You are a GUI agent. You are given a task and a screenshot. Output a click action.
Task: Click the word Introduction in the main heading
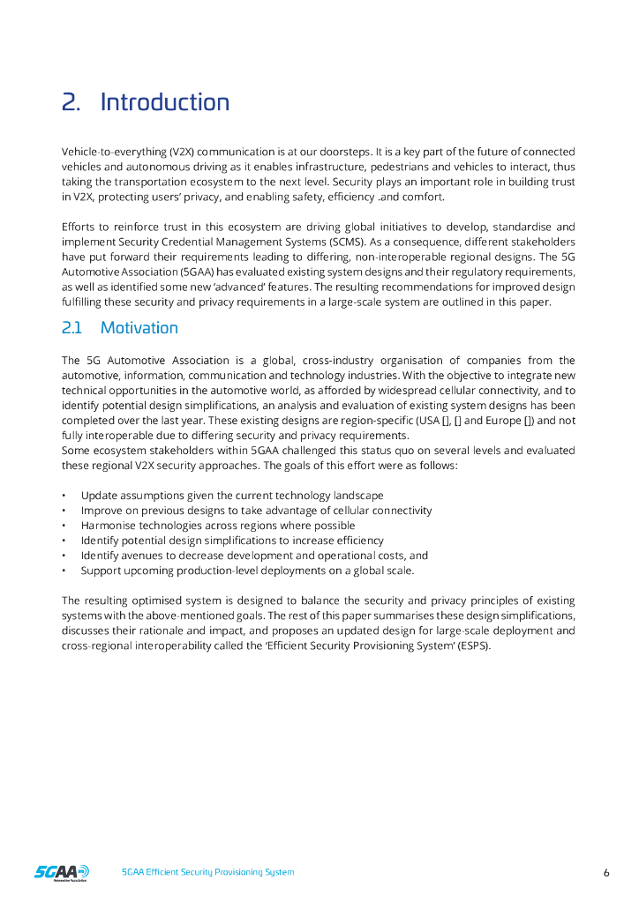(164, 102)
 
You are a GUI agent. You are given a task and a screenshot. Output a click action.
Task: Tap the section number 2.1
(71, 328)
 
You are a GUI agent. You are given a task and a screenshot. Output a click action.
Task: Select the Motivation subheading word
(139, 328)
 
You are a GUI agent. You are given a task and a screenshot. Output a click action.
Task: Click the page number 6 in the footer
(606, 872)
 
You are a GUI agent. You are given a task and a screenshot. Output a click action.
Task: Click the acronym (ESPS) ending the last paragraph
(473, 646)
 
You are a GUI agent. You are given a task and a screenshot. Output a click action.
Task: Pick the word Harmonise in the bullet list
(107, 526)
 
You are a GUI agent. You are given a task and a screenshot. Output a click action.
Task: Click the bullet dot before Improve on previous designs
(65, 511)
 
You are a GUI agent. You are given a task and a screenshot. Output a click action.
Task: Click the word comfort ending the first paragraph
(424, 197)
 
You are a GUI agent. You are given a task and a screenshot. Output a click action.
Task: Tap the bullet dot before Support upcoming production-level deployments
(65, 571)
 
